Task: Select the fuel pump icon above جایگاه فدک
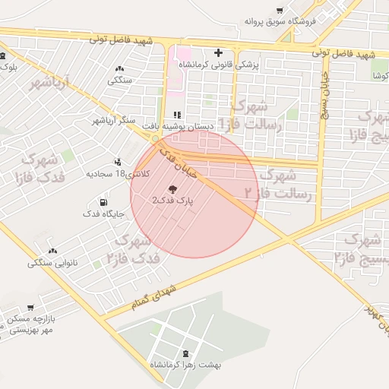102,203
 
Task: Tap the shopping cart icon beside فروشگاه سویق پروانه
280,11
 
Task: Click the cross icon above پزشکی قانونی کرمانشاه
219,53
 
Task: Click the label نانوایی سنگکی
52,263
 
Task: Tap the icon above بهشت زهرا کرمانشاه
187,353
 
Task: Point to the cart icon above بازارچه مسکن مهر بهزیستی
31,308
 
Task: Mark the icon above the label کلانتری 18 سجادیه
117,162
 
